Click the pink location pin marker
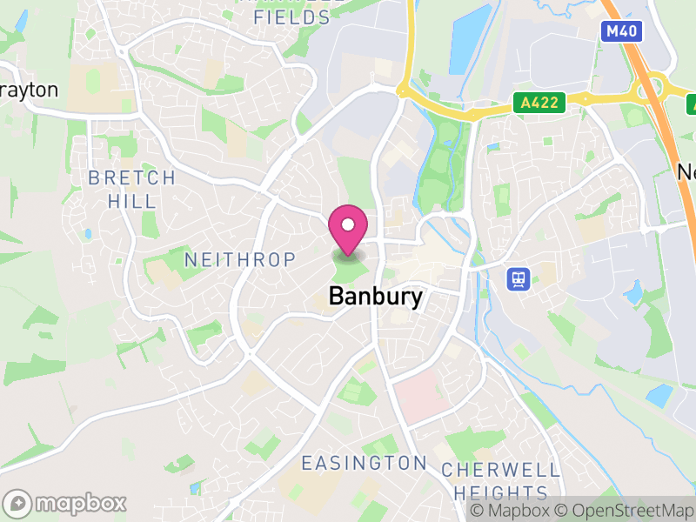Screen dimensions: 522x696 pyautogui.click(x=348, y=229)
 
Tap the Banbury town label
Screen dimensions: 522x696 pyautogui.click(x=376, y=297)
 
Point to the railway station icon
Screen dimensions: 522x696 pyautogui.click(x=518, y=278)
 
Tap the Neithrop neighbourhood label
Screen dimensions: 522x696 pyautogui.click(x=240, y=259)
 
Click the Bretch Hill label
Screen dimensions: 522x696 pyautogui.click(x=132, y=189)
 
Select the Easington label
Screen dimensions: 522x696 pyautogui.click(x=364, y=463)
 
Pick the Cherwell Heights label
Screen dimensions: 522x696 pyautogui.click(x=500, y=480)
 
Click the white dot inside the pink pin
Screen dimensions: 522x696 pyautogui.click(x=348, y=224)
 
